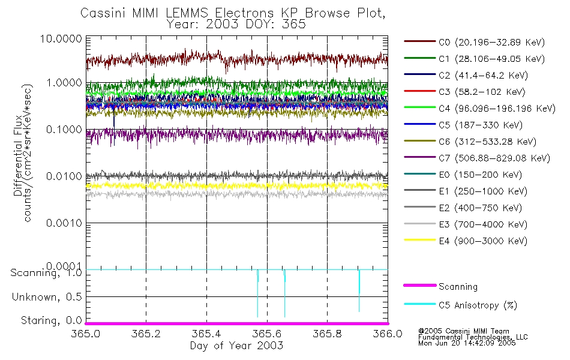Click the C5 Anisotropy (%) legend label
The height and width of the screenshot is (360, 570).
coord(478,305)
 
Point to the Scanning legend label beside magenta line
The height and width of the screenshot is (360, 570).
coord(458,287)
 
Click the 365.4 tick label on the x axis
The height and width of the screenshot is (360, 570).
coord(206,334)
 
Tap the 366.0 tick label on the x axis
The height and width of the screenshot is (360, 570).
coord(388,334)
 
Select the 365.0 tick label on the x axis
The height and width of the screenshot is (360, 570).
coord(86,334)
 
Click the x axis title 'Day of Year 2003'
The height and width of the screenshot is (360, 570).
coord(236,346)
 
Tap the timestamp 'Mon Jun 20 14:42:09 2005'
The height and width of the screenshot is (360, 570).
coord(466,343)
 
